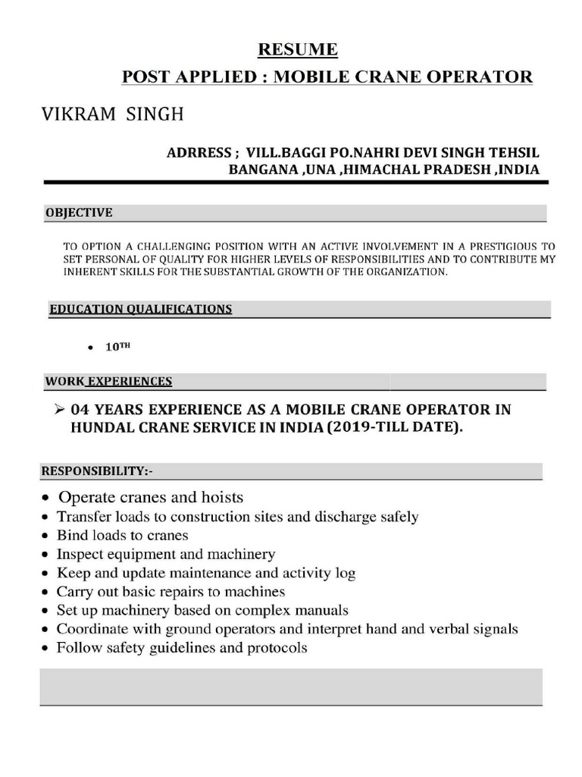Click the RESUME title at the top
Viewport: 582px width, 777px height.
(298, 50)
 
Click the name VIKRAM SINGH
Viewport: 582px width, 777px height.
(111, 115)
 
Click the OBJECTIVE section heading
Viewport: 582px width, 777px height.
(79, 213)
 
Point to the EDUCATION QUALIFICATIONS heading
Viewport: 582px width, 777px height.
(140, 309)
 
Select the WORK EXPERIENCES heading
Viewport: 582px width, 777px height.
(108, 382)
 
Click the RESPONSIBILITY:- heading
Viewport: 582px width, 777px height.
(96, 471)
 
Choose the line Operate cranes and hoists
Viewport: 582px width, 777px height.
(151, 498)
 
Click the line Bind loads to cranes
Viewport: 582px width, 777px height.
(122, 535)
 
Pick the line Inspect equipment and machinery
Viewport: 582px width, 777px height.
(166, 554)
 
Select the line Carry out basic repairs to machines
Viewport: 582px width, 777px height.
(171, 591)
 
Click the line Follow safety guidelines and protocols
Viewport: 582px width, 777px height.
(182, 648)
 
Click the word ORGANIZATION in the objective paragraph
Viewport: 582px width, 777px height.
(408, 272)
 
